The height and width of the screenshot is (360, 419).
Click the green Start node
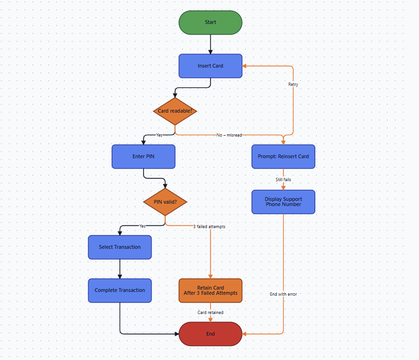pos(210,23)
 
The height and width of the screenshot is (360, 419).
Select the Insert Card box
pos(210,66)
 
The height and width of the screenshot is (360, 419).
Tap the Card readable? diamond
pos(175,111)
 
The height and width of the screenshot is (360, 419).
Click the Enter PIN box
pos(143,156)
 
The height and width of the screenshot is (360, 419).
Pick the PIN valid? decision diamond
pos(165,202)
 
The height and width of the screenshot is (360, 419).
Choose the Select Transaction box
pos(120,247)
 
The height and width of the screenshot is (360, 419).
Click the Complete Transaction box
pos(120,290)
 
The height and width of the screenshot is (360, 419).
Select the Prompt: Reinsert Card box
pos(283,156)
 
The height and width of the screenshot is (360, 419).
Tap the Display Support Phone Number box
pos(283,202)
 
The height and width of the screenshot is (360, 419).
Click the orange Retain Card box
pos(210,290)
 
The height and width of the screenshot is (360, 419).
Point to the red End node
pos(210,334)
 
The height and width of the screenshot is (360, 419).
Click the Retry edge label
pos(293,84)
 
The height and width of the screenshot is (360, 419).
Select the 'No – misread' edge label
pos(229,135)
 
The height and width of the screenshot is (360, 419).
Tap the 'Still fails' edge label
pos(283,180)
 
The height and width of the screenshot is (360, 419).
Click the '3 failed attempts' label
pos(209,227)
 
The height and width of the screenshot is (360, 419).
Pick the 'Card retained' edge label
pos(210,313)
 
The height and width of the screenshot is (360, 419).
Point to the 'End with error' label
pos(283,294)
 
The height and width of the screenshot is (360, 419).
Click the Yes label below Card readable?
pos(159,135)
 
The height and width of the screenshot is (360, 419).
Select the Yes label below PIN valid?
pos(143,226)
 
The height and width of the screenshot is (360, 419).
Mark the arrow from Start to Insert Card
pos(210,44)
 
